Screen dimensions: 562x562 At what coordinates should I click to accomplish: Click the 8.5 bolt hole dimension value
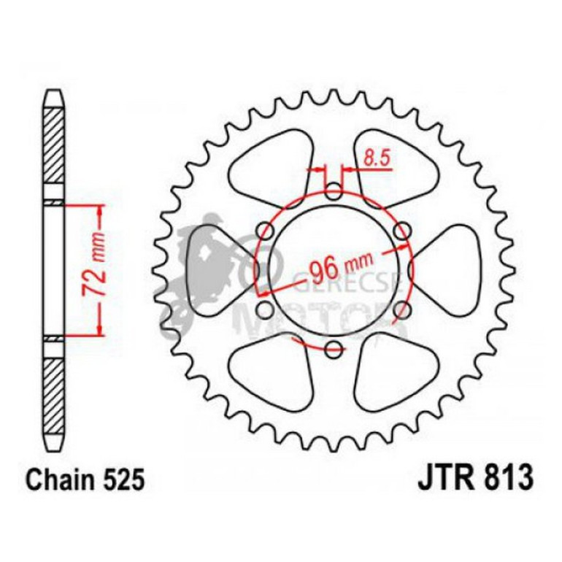[x=373, y=158]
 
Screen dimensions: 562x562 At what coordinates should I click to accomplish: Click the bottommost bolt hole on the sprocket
[x=334, y=348]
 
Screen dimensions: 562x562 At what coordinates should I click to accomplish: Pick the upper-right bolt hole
[x=401, y=231]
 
